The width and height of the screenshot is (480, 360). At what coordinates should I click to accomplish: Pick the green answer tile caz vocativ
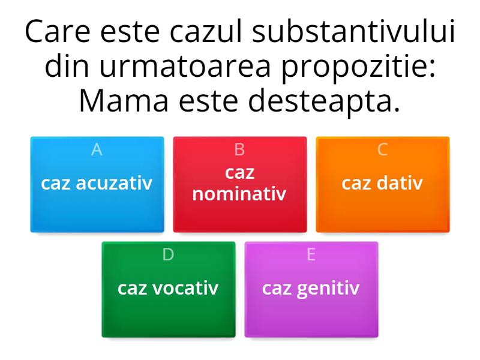tap(168, 289)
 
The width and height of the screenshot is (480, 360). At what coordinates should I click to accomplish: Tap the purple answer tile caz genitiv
tap(311, 289)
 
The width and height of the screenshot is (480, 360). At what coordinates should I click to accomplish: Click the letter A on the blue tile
tap(97, 150)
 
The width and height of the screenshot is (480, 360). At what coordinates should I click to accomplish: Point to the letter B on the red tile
tap(240, 150)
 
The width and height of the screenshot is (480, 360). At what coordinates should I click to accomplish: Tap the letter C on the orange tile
tap(383, 150)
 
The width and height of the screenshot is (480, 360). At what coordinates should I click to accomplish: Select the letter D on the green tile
tap(168, 255)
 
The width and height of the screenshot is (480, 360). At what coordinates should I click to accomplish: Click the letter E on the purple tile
tap(311, 255)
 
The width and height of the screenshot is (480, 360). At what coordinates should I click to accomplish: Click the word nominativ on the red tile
tap(240, 194)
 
